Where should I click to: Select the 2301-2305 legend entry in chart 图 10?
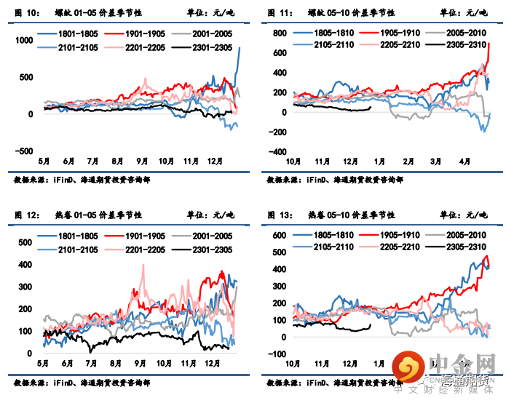point(206,48)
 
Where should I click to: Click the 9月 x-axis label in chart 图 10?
point(142,161)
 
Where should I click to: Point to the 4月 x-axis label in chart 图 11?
point(464,161)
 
